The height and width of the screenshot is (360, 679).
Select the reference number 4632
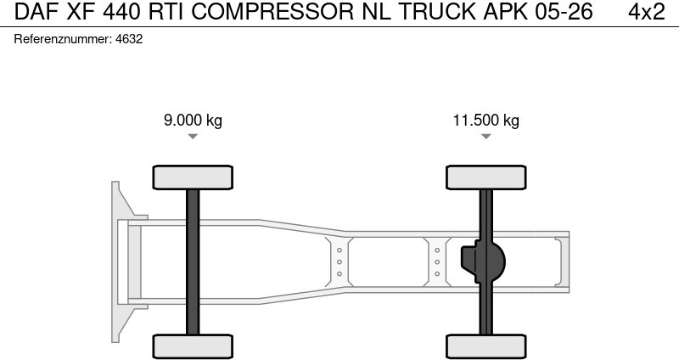(128, 39)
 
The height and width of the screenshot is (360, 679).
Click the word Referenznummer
(62, 39)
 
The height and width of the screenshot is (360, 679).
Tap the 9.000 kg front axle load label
(193, 120)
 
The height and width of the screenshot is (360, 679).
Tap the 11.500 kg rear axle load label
(485, 120)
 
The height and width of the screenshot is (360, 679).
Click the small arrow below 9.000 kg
(193, 136)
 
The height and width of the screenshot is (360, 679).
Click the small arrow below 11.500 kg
(485, 136)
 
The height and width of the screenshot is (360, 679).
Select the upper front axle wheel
(193, 177)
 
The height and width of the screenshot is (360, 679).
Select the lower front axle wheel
(193, 346)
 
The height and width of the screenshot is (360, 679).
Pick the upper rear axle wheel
(485, 177)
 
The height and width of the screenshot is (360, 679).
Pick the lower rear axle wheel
(485, 346)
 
